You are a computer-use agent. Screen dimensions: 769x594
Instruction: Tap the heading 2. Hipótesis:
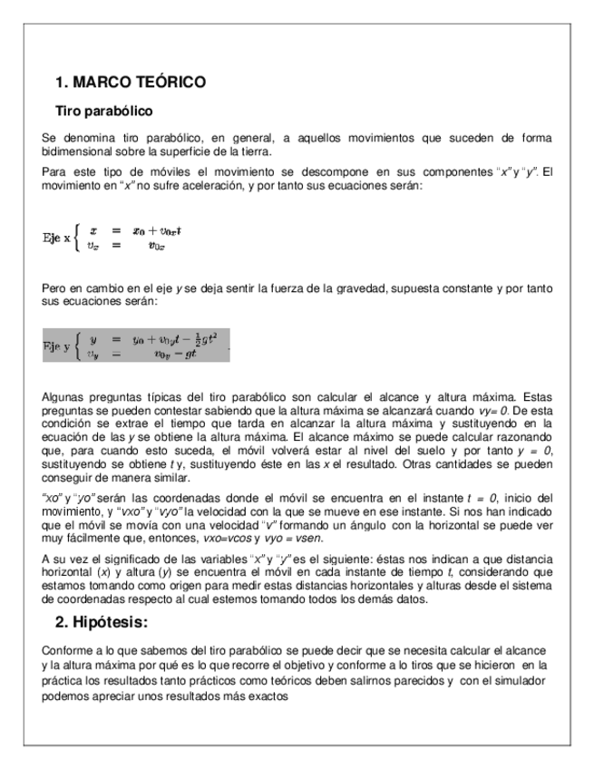pyautogui.click(x=102, y=623)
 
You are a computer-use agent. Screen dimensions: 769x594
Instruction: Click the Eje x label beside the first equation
pyautogui.click(x=61, y=238)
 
